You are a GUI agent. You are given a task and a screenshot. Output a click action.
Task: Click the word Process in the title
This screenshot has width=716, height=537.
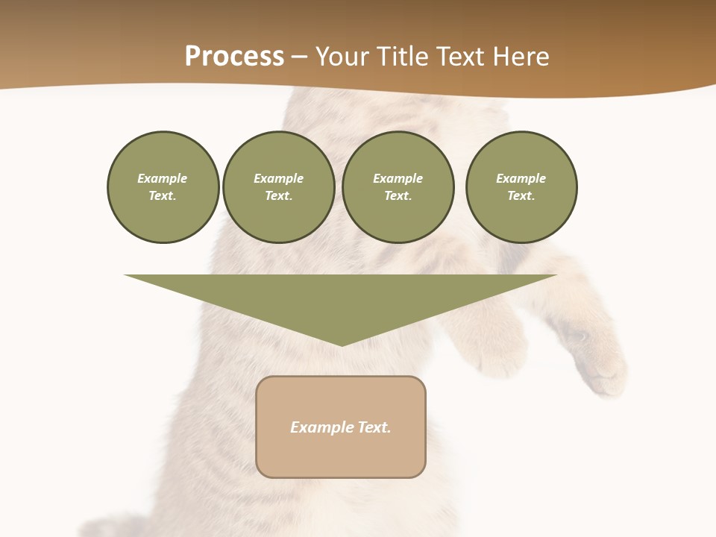234,57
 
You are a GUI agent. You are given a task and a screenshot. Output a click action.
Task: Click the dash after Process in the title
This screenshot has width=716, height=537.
299,57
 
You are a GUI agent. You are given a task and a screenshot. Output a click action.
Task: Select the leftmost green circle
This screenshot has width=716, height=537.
163,187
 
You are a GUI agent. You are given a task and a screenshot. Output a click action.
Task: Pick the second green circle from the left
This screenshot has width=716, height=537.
278,187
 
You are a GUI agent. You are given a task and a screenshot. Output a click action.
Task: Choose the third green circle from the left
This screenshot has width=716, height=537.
398,187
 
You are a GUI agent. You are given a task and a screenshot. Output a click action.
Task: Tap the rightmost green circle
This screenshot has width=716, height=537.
521,187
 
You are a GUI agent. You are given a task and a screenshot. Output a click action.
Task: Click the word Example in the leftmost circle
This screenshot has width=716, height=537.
163,178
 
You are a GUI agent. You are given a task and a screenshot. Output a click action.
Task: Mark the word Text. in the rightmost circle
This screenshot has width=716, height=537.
521,196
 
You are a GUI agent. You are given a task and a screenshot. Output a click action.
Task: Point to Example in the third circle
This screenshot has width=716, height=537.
398,178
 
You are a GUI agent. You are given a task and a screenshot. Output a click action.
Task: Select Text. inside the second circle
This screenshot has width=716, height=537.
278,196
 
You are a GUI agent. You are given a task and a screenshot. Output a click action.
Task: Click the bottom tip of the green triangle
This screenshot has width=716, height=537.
342,344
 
